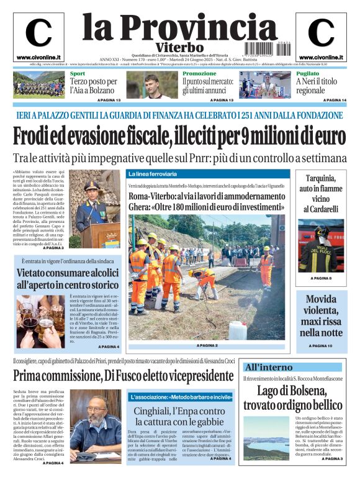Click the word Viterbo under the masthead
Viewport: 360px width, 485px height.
click(x=179, y=47)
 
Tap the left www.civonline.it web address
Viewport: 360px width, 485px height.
click(x=38, y=57)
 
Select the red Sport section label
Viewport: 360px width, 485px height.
click(x=77, y=74)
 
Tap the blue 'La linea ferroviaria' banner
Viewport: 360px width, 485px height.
click(x=153, y=174)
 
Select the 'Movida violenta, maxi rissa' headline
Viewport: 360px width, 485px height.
click(x=321, y=317)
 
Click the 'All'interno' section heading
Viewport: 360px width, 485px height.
click(x=268, y=367)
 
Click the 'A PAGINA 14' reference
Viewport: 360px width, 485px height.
click(x=335, y=100)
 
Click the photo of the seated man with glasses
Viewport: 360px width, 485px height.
click(x=97, y=424)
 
